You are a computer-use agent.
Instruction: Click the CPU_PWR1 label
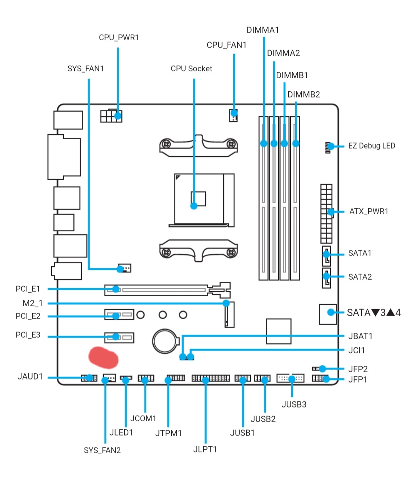pos(119,38)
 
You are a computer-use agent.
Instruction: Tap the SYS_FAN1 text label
pos(85,69)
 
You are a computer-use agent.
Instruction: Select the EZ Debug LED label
pos(372,146)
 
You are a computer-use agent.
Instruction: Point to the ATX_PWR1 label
pos(369,211)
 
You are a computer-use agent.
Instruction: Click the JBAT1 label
pos(360,336)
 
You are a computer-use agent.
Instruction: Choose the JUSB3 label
pos(294,404)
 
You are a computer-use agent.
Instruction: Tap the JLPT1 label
pos(205,449)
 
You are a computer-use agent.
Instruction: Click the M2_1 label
pos(33,304)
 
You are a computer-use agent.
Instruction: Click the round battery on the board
pos(165,340)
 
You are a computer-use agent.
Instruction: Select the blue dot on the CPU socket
pos(194,206)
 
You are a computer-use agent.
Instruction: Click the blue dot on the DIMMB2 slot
pos(296,144)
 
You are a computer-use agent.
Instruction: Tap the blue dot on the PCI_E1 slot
pos(116,289)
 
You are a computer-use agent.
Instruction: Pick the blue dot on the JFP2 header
pos(322,369)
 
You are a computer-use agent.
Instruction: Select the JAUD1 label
pos(30,377)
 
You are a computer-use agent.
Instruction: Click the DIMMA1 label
pos(263,30)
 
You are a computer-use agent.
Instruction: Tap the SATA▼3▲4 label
pos(373,313)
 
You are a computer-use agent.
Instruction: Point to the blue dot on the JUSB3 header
pos(292,379)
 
